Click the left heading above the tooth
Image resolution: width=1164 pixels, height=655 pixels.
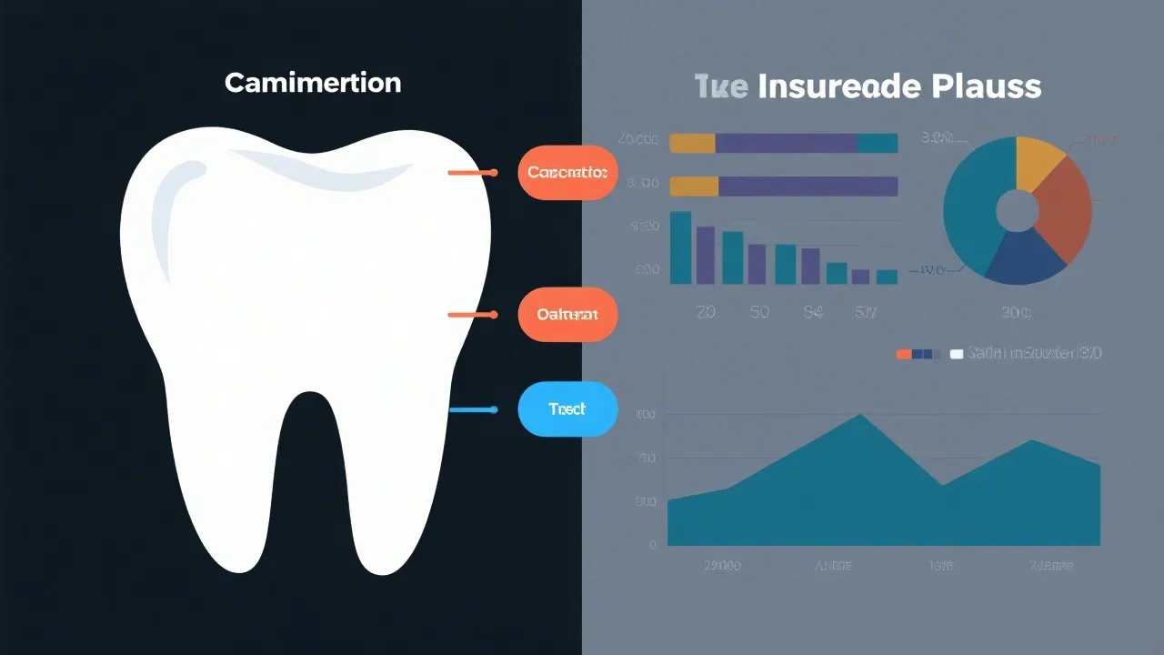tap(312, 83)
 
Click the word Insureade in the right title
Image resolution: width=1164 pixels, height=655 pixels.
tap(838, 86)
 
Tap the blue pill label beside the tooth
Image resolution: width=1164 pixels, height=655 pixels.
tap(567, 409)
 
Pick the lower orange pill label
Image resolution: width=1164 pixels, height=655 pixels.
tap(567, 315)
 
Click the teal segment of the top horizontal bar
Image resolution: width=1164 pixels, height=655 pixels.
tap(878, 143)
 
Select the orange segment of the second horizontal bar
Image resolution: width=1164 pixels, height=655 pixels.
tap(694, 186)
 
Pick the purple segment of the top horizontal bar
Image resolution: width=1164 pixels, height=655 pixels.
tap(786, 143)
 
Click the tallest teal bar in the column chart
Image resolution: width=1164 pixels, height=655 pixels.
tap(680, 247)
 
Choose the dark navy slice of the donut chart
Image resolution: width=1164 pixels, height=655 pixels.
tap(1022, 258)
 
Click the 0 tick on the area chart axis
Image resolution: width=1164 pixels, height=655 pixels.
tap(652, 545)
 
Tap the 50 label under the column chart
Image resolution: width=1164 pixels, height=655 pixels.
tap(758, 312)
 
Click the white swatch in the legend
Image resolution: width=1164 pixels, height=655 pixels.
tap(956, 354)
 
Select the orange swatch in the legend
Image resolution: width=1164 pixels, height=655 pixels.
tap(903, 354)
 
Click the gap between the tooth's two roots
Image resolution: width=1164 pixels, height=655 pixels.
tap(312, 482)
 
